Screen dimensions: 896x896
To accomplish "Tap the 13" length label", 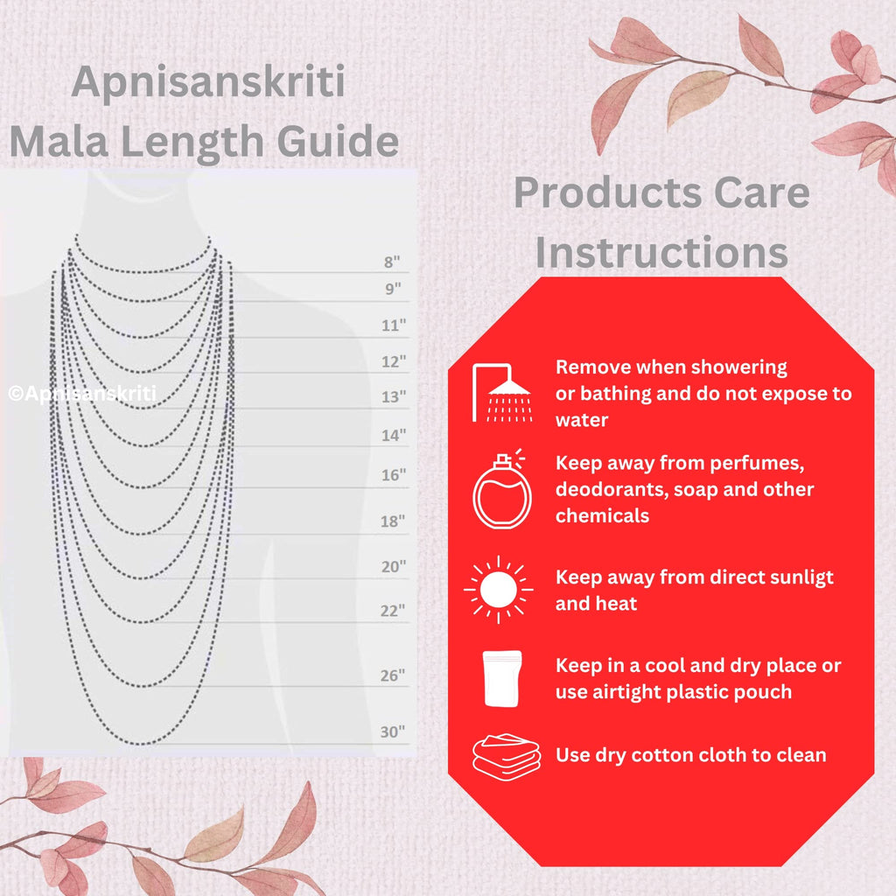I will click(x=394, y=397).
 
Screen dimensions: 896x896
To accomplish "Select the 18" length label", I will click(x=394, y=521).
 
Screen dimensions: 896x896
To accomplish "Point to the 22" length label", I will click(x=394, y=610).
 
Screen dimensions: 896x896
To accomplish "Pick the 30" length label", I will click(x=394, y=731).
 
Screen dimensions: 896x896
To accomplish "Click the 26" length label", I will click(x=394, y=675).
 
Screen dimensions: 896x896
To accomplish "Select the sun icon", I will click(x=499, y=590).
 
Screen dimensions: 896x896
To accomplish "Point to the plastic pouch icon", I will click(x=502, y=677).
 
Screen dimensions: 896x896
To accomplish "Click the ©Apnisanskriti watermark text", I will click(x=82, y=394).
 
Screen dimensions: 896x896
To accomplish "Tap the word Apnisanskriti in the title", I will click(x=207, y=83).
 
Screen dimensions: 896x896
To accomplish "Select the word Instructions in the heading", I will click(x=661, y=253).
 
